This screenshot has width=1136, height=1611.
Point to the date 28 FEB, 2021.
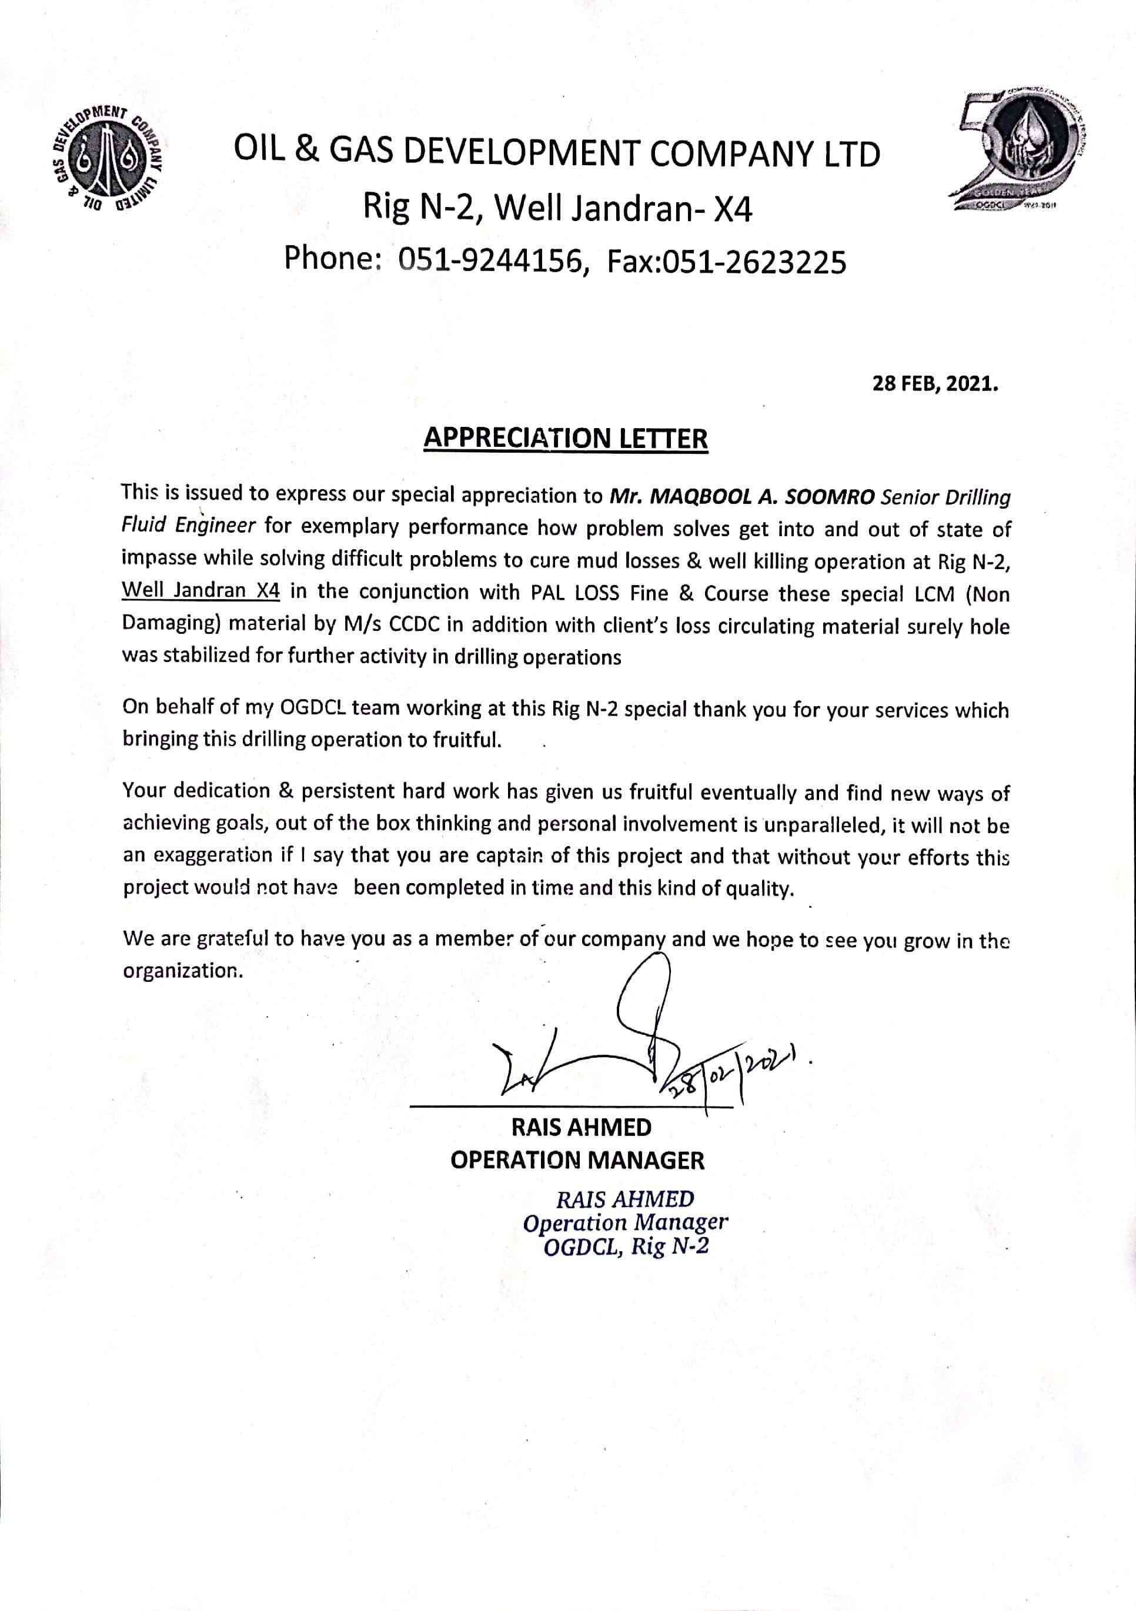pyautogui.click(x=935, y=384)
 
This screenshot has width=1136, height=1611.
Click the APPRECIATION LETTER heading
pyautogui.click(x=566, y=438)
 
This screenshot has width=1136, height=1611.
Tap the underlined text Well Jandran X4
pyautogui.click(x=201, y=590)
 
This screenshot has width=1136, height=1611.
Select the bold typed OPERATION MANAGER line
pyautogui.click(x=577, y=1160)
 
